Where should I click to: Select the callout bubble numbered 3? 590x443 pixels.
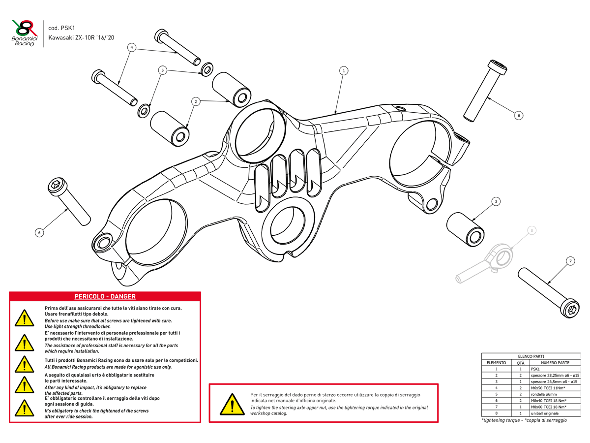[x=496, y=201]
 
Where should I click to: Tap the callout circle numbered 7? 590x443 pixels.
[x=570, y=261]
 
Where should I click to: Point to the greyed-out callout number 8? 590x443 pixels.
[x=531, y=230]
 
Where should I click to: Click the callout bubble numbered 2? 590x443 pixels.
[x=196, y=101]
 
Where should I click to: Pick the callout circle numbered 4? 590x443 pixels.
[x=131, y=48]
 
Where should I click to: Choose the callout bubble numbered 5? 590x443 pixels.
[x=162, y=70]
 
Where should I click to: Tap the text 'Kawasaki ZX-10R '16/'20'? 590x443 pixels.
[x=81, y=37]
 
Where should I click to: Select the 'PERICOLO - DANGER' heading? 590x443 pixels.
[x=105, y=296]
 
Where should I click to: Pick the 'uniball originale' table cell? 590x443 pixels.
[x=545, y=413]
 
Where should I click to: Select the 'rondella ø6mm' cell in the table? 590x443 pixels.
[x=544, y=394]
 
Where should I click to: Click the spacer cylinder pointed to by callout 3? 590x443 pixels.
[x=465, y=228]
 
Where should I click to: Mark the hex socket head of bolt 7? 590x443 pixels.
[x=571, y=310]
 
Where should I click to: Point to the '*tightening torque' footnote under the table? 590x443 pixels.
[x=524, y=420]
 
